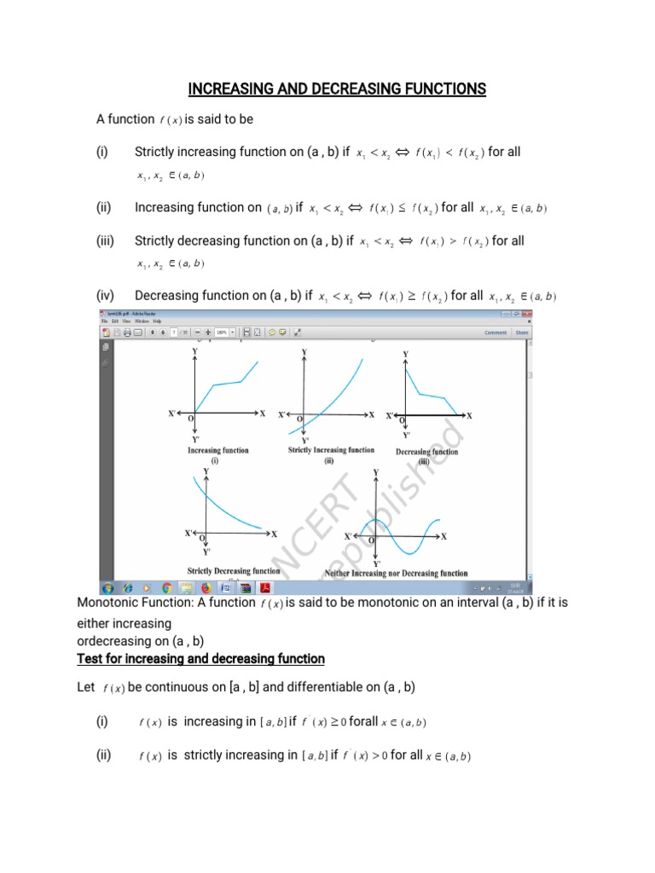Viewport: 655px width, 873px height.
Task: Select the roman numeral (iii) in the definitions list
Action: click(107, 241)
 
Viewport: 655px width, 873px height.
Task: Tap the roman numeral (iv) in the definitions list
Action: click(107, 296)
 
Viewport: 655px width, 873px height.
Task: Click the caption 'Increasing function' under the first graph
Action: click(218, 450)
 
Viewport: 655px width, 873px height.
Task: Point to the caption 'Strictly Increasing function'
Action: click(331, 450)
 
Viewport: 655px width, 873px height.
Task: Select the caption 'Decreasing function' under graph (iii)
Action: click(426, 452)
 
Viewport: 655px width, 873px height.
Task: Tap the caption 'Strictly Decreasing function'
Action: click(233, 570)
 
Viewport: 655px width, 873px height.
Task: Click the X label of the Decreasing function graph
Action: click(469, 415)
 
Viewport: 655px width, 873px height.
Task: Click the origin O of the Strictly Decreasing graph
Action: click(202, 538)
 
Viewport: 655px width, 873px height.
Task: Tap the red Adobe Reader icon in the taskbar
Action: click(265, 587)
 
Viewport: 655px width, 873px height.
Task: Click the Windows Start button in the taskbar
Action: click(109, 587)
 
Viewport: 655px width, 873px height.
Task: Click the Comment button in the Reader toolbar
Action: click(496, 332)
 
